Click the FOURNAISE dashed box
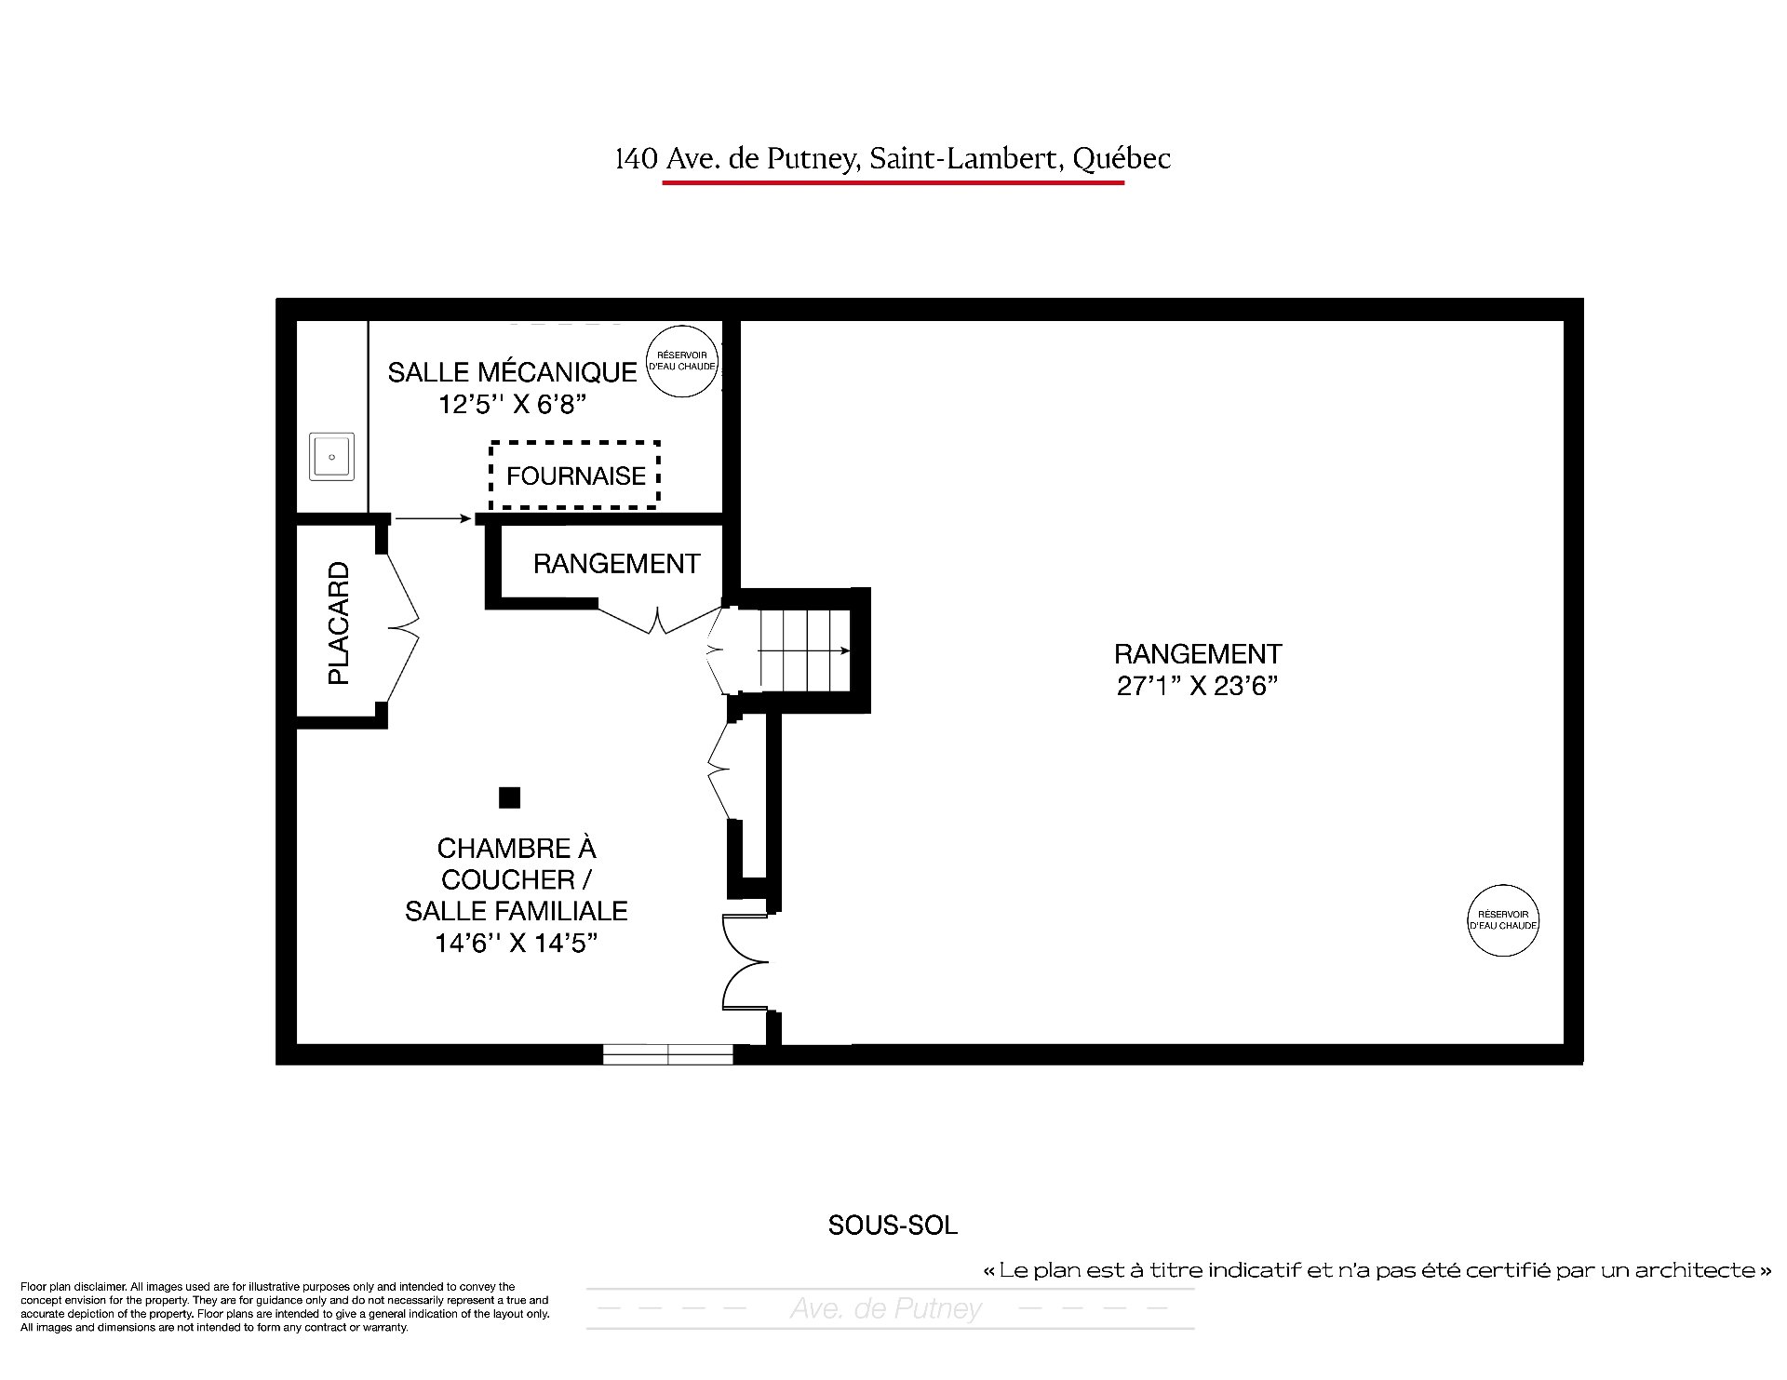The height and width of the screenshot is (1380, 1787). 575,443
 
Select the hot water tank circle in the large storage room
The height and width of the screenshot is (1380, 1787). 1503,920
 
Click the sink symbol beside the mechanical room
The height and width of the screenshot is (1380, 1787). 332,457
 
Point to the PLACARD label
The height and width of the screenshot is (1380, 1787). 339,623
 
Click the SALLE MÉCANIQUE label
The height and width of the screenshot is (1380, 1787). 512,372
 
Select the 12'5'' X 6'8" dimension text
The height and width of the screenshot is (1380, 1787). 513,405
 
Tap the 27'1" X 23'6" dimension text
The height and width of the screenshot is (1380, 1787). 1197,686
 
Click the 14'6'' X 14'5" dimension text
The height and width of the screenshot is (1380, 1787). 516,943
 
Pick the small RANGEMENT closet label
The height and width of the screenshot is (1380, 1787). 616,564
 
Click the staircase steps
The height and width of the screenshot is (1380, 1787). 805,650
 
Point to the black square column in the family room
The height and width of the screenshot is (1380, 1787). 509,797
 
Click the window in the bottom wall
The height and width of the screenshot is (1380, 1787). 668,1054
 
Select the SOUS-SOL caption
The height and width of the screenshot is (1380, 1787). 893,1226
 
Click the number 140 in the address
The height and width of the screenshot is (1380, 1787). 636,160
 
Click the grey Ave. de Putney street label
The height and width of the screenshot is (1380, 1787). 886,1309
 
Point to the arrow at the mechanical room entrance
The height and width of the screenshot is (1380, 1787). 433,518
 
